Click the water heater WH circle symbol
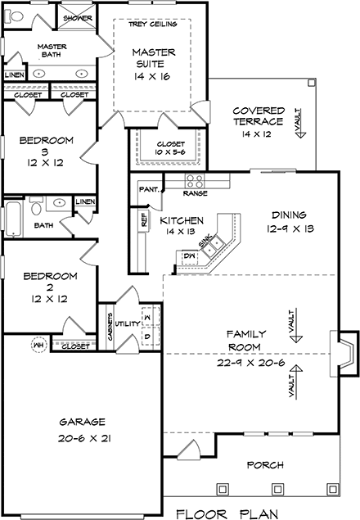coord(39,346)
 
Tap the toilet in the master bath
coord(13,16)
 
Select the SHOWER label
coord(77,18)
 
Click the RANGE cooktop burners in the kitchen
coord(195,181)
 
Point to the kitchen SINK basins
coord(213,246)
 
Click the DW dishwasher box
coord(191,255)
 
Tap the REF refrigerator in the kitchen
coord(144,219)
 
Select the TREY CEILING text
coord(153,24)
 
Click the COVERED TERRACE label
coord(258,115)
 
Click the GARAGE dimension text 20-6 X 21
coord(84,438)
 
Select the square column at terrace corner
coord(311,82)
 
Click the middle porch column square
coord(277,489)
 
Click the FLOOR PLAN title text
coord(227,513)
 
